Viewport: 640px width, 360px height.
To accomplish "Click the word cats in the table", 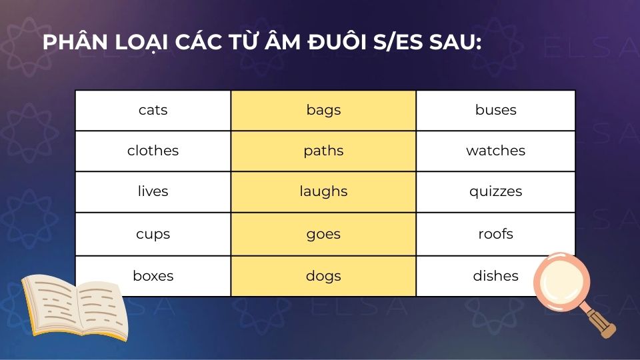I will pos(153,110).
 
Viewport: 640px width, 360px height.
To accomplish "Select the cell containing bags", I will pos(323,110).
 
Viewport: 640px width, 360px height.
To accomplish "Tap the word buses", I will pos(495,110).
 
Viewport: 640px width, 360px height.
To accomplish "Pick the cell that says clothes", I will pos(153,151).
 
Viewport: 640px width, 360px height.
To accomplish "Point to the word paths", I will pos(323,151).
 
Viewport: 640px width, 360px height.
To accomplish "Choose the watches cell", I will pos(495,151).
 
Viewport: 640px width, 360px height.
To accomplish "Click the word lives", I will pos(153,191).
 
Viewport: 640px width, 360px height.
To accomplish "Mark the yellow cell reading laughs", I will pos(323,191).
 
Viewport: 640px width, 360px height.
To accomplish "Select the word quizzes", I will pos(495,191).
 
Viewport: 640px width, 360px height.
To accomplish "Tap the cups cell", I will pos(153,234).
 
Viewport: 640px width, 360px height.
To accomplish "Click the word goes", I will pos(323,234).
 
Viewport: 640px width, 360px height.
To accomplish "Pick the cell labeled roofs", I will pos(495,234).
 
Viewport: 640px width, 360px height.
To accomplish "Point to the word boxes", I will pos(153,276).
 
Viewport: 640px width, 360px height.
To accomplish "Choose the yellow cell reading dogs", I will pos(323,276).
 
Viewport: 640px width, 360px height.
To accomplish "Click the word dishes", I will pos(495,276).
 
